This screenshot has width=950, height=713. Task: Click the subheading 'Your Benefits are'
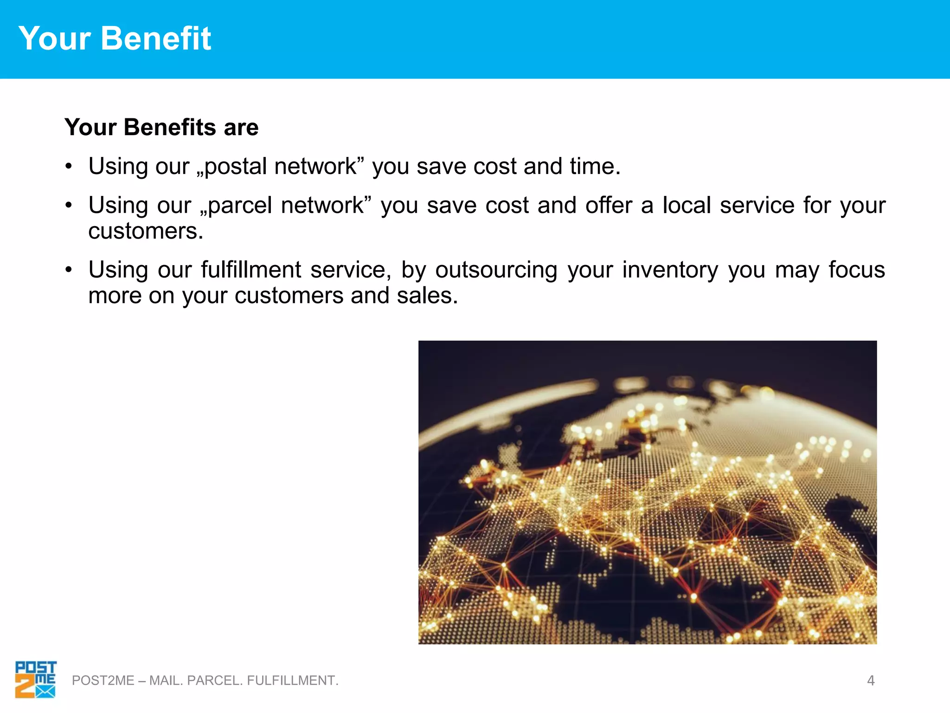pos(161,127)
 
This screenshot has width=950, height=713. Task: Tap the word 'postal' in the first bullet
pos(235,167)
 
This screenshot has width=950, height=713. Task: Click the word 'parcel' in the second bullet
pos(240,206)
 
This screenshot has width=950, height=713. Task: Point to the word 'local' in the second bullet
pos(687,205)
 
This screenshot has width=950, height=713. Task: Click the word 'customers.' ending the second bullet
pos(146,231)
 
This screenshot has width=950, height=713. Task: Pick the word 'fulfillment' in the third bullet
pos(251,270)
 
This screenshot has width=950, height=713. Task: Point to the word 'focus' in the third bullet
pos(857,270)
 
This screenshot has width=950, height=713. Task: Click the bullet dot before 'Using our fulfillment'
pos(69,270)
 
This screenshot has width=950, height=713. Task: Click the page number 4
pos(871,681)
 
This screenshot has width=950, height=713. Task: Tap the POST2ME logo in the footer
pos(35,680)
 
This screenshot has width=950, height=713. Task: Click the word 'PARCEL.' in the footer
pos(215,681)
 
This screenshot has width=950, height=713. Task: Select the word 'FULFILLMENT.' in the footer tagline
pos(293,681)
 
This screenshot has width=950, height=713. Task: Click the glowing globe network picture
pos(647,492)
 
